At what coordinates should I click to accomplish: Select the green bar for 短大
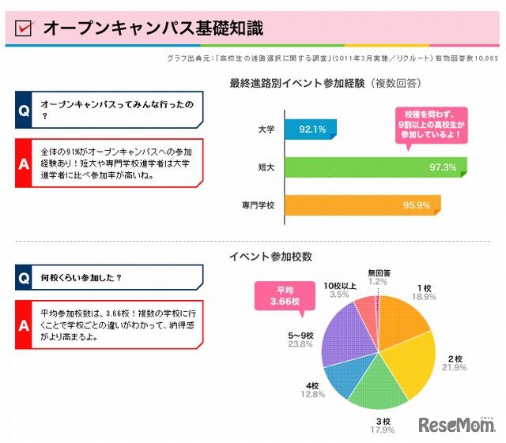click(356, 167)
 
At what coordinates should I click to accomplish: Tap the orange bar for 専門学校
click(348, 205)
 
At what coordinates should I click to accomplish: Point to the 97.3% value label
click(443, 167)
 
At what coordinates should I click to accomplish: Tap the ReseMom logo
click(457, 426)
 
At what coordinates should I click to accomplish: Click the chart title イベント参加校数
click(270, 257)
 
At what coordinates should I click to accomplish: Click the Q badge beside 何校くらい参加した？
click(25, 278)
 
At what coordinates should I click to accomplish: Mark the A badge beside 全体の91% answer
click(25, 163)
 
